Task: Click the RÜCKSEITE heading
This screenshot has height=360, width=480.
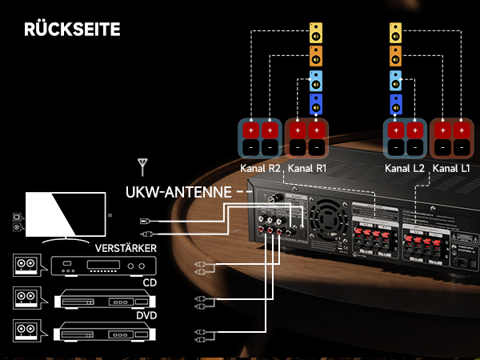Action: pyautogui.click(x=72, y=30)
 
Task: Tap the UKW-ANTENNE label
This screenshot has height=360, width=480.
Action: pyautogui.click(x=176, y=193)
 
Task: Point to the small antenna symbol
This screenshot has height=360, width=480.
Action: pyautogui.click(x=142, y=166)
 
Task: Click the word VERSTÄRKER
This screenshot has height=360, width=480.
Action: pyautogui.click(x=125, y=247)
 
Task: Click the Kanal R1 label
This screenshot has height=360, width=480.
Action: pyautogui.click(x=307, y=169)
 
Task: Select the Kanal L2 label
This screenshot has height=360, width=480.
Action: pyautogui.click(x=404, y=169)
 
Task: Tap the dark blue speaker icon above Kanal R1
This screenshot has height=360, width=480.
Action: pyautogui.click(x=317, y=104)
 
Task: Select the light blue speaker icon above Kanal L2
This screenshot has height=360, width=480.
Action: pyautogui.click(x=396, y=81)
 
